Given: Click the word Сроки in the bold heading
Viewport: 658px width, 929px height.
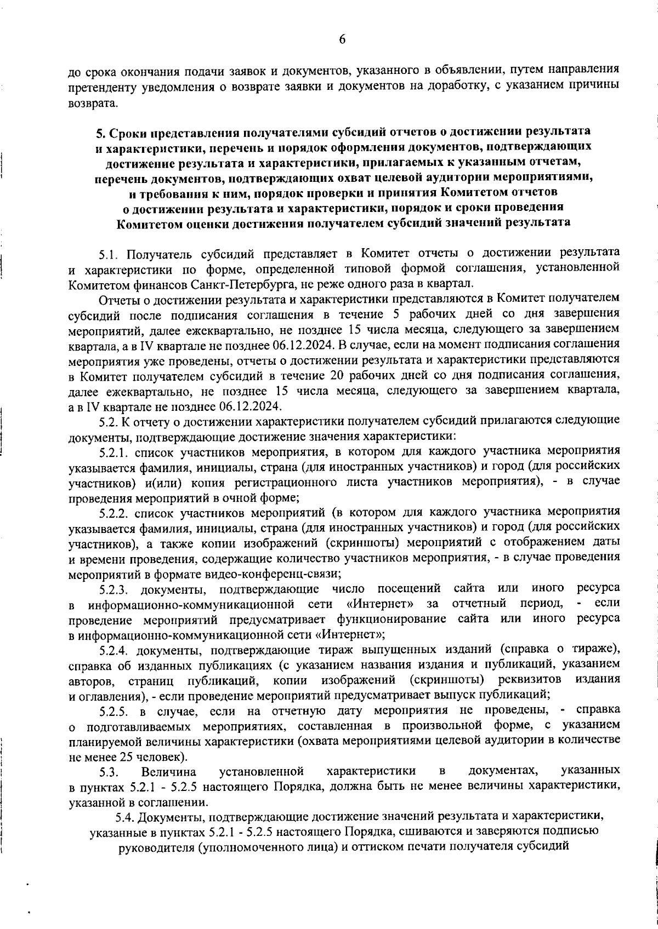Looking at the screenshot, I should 127,132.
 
